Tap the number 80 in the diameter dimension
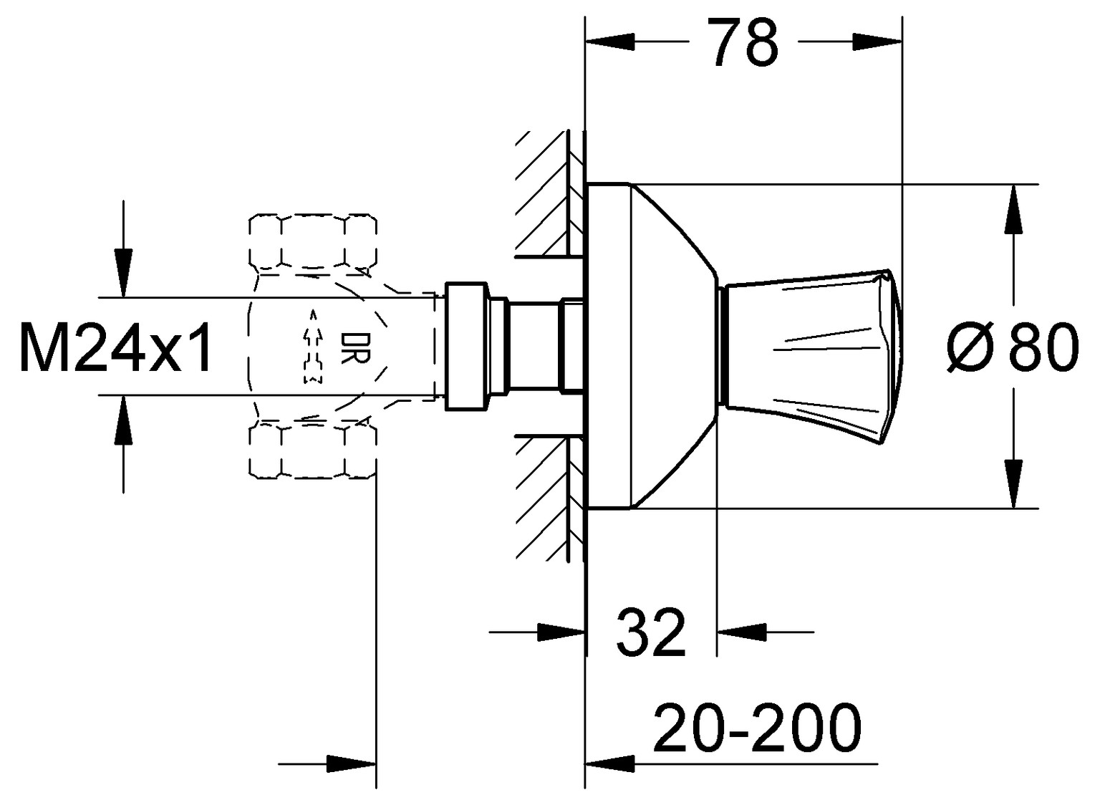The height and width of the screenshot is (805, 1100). click(x=1043, y=348)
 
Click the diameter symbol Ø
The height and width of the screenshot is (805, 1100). click(x=971, y=348)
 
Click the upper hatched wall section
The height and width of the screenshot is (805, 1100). click(x=548, y=193)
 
